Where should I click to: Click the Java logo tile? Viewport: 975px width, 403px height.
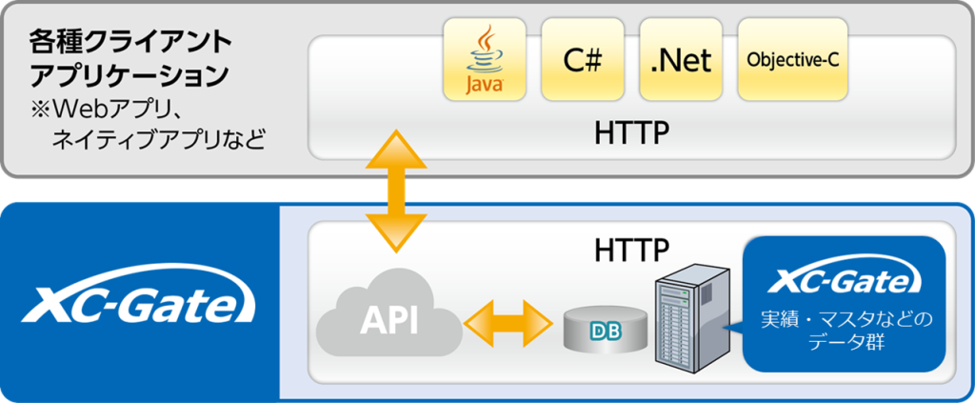(x=484, y=59)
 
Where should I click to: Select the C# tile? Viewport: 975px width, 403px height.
(x=583, y=59)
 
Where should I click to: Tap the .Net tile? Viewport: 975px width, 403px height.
(x=682, y=59)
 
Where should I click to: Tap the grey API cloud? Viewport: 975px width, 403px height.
(x=388, y=318)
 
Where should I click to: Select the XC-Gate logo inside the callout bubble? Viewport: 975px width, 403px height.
(x=844, y=280)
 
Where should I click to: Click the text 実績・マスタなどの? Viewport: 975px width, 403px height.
(x=844, y=317)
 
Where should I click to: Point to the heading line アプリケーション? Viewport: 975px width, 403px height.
(x=129, y=74)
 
